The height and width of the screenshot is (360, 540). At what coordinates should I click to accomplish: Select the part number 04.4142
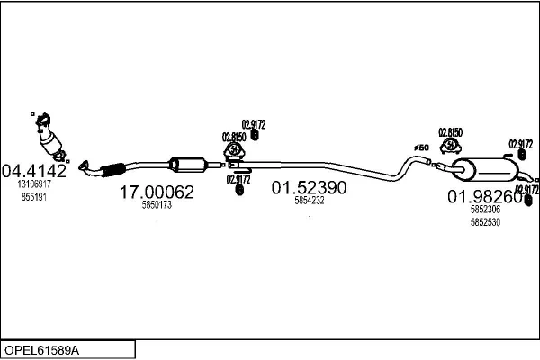(34, 170)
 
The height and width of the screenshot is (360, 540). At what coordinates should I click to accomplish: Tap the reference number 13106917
(34, 184)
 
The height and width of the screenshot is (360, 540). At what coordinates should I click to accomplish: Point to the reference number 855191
(34, 194)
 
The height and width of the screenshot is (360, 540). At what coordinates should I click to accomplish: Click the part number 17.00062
(157, 192)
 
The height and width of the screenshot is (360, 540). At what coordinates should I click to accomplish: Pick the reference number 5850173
(157, 205)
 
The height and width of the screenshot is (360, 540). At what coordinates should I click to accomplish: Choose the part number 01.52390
(310, 188)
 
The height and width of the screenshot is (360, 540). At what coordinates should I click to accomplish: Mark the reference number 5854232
(310, 201)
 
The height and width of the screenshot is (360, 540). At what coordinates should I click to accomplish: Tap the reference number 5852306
(485, 210)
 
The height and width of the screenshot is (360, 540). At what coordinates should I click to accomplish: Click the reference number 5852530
(485, 221)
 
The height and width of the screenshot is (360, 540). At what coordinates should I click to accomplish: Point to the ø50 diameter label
(420, 148)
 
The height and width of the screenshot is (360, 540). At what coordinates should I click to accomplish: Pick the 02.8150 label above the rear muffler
(450, 133)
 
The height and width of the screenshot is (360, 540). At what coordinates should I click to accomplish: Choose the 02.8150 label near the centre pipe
(234, 137)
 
